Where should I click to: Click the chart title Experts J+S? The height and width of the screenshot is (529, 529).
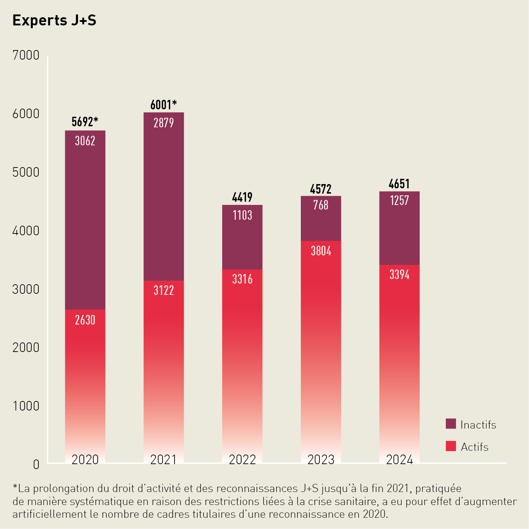tap(54, 20)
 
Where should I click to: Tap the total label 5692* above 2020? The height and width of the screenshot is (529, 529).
tap(85, 122)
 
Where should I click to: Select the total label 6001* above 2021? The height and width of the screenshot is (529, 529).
tap(163, 105)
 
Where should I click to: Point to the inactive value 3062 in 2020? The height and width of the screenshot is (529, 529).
tap(85, 141)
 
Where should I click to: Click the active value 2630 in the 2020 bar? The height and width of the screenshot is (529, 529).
tap(85, 320)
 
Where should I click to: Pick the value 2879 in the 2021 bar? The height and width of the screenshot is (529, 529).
tap(164, 123)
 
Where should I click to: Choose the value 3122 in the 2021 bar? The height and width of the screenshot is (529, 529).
tap(164, 290)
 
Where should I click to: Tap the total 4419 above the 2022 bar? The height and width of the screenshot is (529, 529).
tap(242, 197)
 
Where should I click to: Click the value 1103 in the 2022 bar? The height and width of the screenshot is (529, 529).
tap(242, 215)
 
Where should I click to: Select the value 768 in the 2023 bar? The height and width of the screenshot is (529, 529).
tap(321, 205)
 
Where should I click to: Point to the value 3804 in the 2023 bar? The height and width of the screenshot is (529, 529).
tap(321, 251)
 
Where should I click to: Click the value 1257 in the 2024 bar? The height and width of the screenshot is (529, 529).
tap(399, 201)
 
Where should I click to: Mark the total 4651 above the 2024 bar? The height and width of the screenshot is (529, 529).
tap(399, 184)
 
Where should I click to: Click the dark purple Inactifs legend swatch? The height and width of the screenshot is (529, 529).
tap(451, 424)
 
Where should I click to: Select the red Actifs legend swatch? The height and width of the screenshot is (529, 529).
tap(451, 446)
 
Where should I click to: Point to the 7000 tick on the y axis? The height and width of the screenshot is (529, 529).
tap(26, 55)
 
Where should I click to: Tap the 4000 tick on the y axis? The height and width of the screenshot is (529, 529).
tap(26, 231)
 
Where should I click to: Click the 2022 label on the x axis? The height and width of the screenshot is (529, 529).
tap(242, 460)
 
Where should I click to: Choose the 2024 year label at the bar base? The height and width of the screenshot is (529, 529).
tap(399, 460)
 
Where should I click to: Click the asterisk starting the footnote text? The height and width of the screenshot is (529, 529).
tap(15, 487)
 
